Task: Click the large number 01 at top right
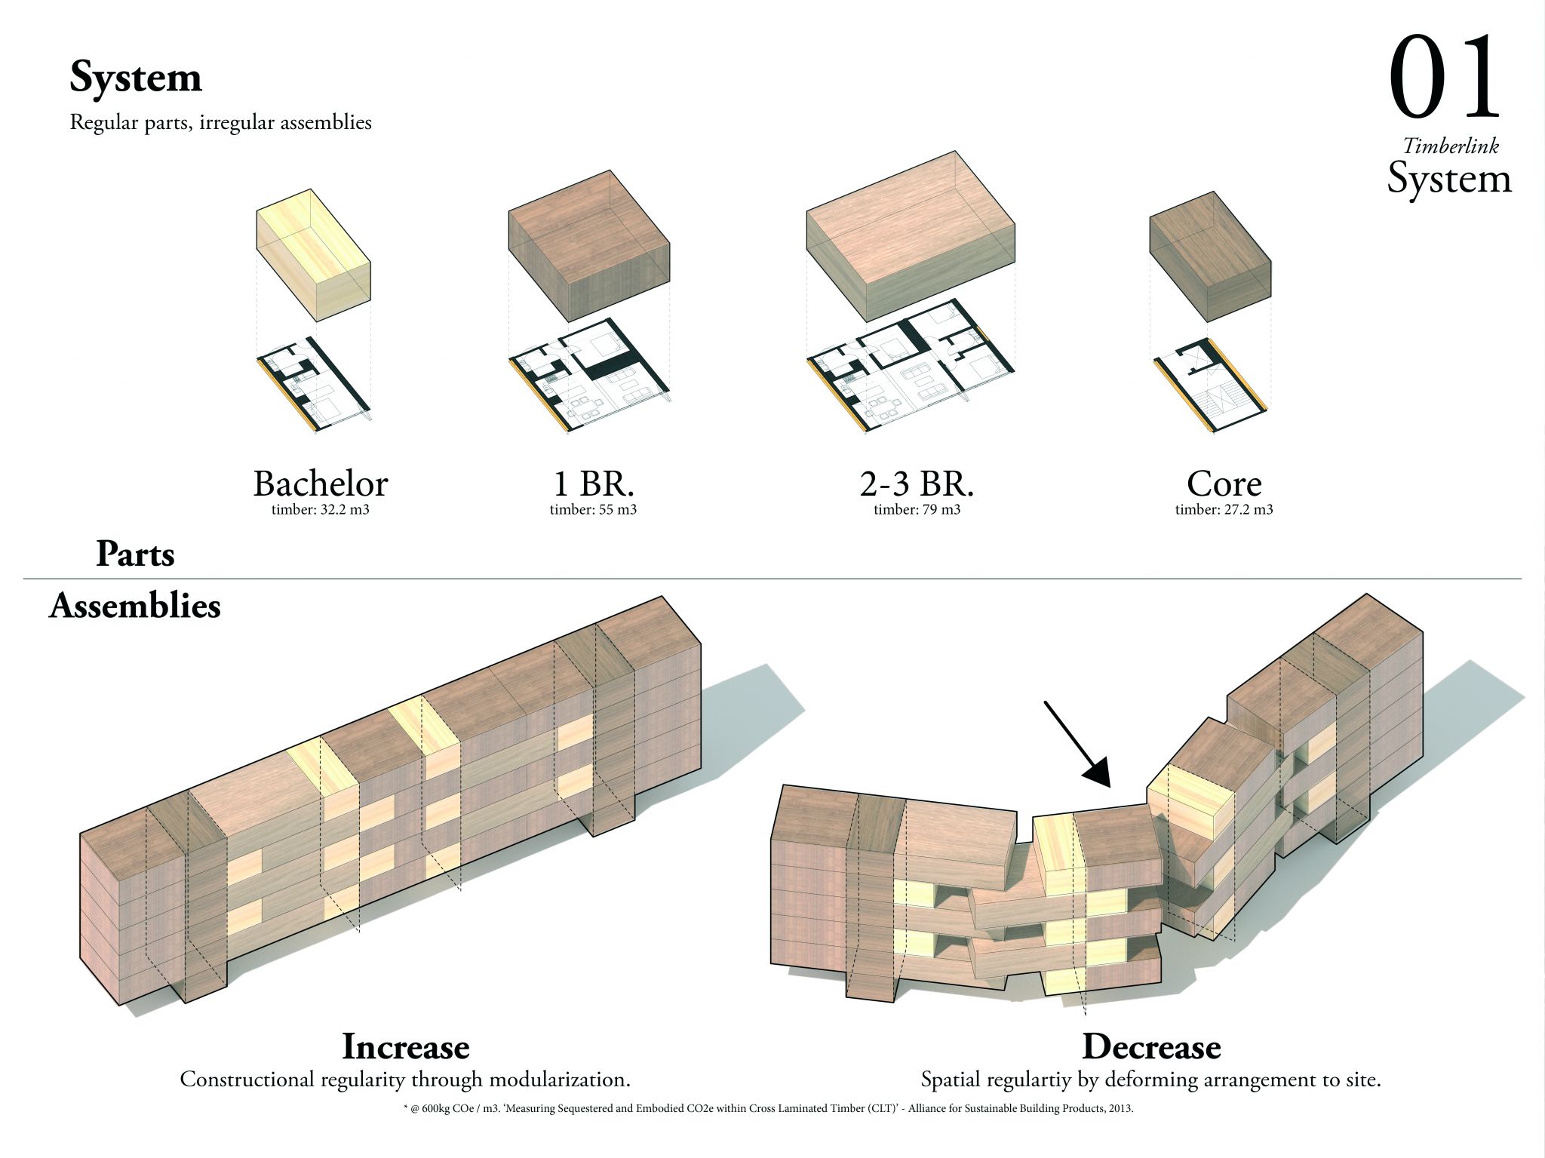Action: coord(1444,80)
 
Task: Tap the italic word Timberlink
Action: coord(1450,146)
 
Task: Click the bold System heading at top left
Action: coord(136,78)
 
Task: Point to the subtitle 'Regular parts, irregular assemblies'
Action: coord(220,122)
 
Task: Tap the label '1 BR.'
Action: coord(592,484)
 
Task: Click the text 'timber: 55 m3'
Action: coord(593,509)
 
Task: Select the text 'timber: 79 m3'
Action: coord(917,509)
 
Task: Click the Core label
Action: coord(1224,484)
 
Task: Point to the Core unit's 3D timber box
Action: coord(1210,256)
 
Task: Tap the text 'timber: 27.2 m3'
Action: coord(1224,509)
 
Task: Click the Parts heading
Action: coord(135,554)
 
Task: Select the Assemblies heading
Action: coord(134,606)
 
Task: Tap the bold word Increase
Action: coord(405,1046)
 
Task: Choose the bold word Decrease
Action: coord(1151,1046)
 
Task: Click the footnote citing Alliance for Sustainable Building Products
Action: coord(768,1109)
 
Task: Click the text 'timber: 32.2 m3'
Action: coord(320,509)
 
